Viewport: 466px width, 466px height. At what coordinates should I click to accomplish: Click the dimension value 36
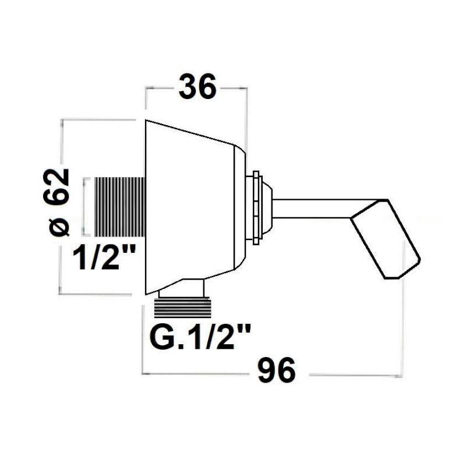[x=197, y=86]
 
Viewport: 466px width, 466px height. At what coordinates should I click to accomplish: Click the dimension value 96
[x=277, y=370]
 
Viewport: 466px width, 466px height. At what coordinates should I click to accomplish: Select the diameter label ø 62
[x=56, y=202]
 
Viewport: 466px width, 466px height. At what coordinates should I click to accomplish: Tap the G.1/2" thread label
[x=200, y=337]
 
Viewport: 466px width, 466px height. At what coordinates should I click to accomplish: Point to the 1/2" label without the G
[x=104, y=257]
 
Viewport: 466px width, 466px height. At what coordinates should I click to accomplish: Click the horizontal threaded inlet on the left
[x=120, y=207]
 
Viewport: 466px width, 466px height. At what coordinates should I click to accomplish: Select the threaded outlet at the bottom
[x=182, y=308]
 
